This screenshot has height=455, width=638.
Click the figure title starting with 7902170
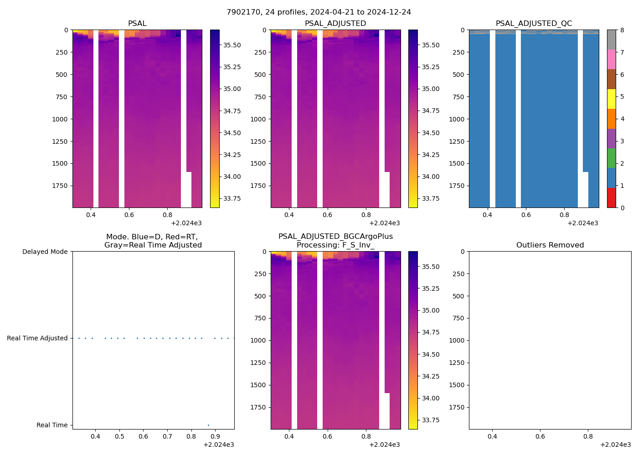[319, 12]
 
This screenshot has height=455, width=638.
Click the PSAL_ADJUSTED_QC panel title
[534, 24]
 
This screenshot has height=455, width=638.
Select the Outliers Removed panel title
[550, 245]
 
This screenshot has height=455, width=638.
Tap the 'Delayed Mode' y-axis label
[45, 252]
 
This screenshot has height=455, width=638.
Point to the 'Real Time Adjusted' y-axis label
[37, 338]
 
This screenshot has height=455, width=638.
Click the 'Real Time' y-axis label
[52, 425]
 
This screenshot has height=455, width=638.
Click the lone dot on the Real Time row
[208, 425]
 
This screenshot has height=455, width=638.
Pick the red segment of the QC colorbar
[611, 198]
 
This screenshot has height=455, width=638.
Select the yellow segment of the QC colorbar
[611, 99]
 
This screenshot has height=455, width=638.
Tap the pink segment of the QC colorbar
[611, 59]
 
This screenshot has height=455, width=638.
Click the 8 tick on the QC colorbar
[622, 30]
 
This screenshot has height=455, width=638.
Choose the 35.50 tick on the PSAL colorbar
[232, 45]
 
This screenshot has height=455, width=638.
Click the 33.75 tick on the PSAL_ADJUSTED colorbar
[430, 198]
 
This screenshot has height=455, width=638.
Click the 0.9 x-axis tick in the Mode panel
[215, 437]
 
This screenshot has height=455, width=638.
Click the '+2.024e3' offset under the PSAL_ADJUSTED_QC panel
[582, 223]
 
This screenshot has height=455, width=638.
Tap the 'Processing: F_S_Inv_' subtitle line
[335, 245]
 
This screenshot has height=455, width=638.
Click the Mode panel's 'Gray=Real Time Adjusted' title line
[153, 245]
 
